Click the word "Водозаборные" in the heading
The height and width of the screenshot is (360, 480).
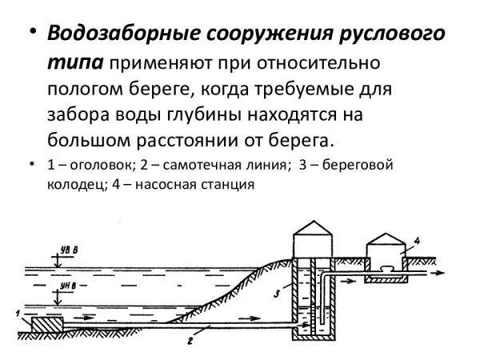123,34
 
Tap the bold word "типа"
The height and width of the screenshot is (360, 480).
76,63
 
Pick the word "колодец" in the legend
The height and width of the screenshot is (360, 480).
75,185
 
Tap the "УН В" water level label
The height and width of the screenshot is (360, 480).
68,286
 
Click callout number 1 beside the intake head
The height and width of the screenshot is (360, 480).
18,314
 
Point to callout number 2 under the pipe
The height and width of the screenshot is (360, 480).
190,341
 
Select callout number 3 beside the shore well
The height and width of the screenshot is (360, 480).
276,294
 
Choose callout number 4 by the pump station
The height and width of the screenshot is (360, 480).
416,241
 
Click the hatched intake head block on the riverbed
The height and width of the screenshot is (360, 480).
47,325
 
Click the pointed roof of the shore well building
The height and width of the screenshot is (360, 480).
313,228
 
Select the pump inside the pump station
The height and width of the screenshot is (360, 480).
386,269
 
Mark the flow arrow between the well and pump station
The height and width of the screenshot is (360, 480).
348,281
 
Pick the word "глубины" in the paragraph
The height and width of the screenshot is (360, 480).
205,115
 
